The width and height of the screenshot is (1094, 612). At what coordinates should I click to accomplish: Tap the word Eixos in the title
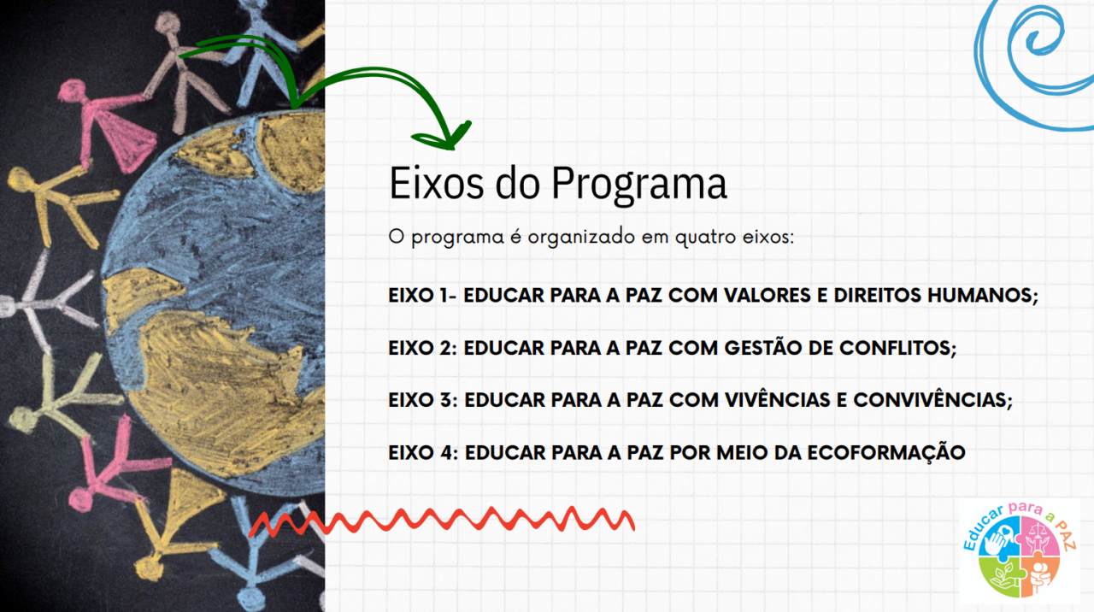point(437,183)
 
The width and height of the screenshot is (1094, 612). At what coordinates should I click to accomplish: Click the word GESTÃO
point(763,347)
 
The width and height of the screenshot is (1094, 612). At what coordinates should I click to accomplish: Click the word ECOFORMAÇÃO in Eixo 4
point(886,452)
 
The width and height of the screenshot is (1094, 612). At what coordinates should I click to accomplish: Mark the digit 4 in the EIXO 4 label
point(446,452)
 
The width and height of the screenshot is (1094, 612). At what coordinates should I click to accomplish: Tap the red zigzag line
point(442,521)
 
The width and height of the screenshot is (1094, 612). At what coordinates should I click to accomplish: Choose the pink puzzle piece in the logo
point(1040,536)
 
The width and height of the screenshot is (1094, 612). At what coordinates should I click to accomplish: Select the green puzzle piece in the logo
point(999,576)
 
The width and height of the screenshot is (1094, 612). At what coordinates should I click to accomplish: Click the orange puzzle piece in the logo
point(1039,576)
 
